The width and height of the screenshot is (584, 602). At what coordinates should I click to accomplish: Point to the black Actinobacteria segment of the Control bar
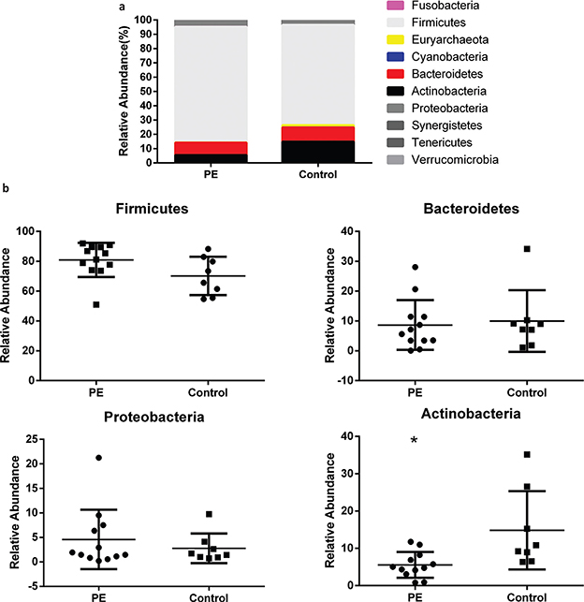click(x=317, y=152)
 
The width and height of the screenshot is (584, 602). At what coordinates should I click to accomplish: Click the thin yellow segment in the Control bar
click(x=317, y=125)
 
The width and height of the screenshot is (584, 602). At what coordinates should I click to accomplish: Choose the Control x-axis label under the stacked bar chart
click(x=317, y=175)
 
